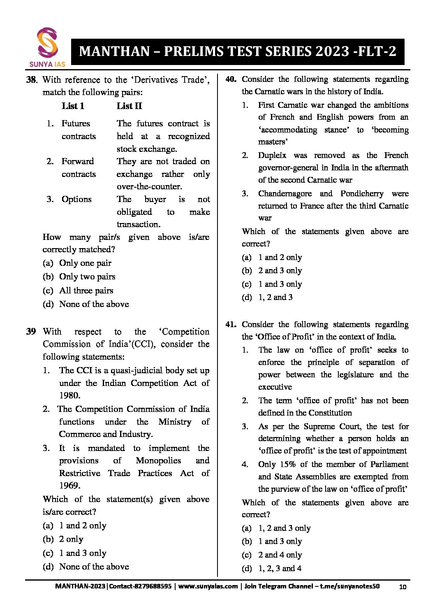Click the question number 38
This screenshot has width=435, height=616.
coord(32,80)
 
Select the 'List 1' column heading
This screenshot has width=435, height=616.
coord(73,106)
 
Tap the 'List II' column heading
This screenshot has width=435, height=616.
coord(129,106)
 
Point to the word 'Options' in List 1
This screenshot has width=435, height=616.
coord(76,199)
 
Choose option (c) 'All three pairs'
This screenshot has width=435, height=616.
coord(86,291)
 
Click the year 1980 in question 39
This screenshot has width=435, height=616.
coord(69,395)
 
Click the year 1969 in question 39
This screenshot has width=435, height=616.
coord(69,486)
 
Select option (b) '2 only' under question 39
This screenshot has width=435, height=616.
coord(71,539)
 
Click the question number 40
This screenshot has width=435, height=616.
coord(231,79)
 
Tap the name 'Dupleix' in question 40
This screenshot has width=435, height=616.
coord(272,155)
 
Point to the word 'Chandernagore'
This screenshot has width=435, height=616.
coord(285,193)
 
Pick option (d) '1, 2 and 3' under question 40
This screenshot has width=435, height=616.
coord(275,297)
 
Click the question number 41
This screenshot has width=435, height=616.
coord(231,324)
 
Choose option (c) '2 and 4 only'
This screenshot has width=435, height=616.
coord(280,555)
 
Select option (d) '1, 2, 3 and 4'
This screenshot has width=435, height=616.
coord(280,568)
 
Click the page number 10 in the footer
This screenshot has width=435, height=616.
coord(403,586)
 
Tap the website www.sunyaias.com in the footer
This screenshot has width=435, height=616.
coord(208,586)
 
